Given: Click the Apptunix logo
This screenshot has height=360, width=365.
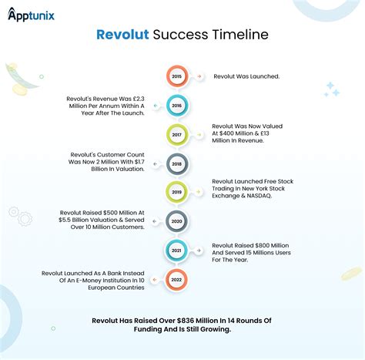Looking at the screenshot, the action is [31, 15].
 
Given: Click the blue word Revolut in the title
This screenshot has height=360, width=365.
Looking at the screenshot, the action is [122, 35].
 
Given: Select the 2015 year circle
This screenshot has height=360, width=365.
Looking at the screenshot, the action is [176, 76].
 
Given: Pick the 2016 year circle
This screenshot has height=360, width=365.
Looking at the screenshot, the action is [176, 106].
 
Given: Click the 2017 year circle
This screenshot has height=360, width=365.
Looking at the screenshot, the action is [176, 135].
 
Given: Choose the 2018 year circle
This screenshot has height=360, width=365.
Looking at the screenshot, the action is [176, 164].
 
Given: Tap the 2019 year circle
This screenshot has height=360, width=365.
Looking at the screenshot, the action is [176, 192].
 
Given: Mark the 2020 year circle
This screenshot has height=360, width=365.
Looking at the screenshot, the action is [176, 221].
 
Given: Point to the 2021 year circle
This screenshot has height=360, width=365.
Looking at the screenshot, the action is [176, 251].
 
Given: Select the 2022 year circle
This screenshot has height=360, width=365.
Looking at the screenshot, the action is [176, 280].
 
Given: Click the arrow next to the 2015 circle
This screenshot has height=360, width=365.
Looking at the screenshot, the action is [199, 76].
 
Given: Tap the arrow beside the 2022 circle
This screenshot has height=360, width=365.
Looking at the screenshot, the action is [155, 280].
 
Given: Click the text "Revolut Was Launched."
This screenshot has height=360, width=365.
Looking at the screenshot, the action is [246, 76].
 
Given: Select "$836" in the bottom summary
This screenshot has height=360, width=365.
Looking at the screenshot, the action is [186, 321].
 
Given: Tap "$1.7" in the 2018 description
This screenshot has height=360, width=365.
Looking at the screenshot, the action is [139, 162].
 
